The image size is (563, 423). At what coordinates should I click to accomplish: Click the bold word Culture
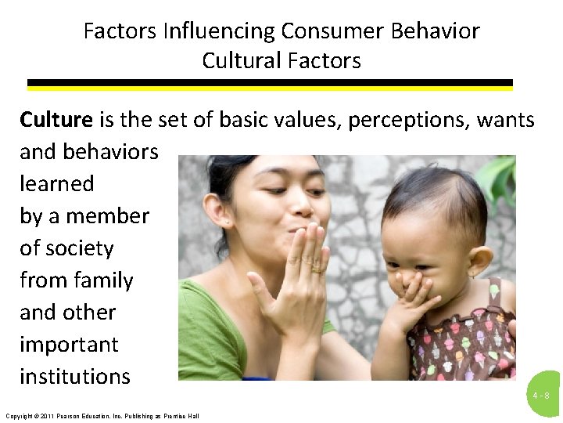[x=56, y=120]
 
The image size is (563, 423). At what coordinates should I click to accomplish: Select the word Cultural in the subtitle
[x=240, y=60]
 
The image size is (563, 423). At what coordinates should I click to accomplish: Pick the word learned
[x=56, y=184]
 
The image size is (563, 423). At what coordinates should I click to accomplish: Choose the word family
[x=98, y=280]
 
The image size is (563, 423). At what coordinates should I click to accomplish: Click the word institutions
[x=75, y=377]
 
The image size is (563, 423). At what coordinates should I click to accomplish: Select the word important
[x=69, y=345]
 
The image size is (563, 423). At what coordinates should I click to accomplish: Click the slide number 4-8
[x=541, y=396]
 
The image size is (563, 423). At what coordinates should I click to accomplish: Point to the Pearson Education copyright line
[x=102, y=415]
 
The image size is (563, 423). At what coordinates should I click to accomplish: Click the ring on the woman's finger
[x=316, y=269]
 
